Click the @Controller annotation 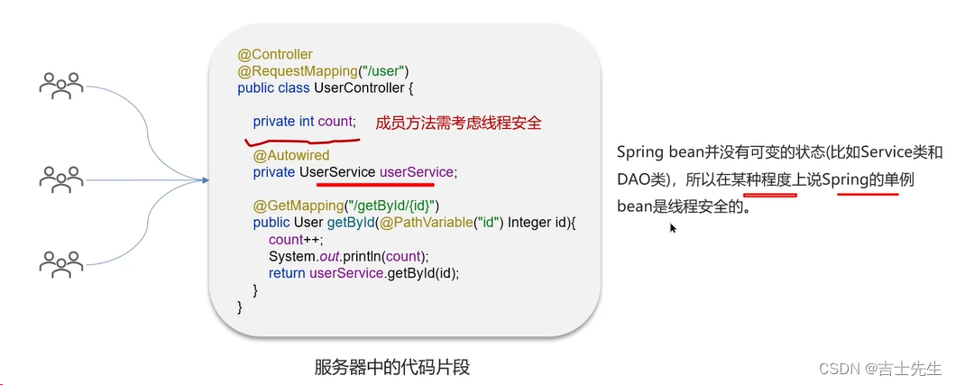coord(275,55)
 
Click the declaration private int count coord(304,122)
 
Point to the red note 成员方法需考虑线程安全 coord(457,122)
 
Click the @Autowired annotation coord(290,156)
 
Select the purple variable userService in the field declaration coord(418,172)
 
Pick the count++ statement coord(291,240)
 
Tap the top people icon coord(61,86)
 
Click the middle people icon coord(61,178)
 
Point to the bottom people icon coord(61,262)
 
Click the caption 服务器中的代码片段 coord(392,368)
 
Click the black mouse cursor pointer coord(673,228)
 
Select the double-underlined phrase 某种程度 coord(770,179)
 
